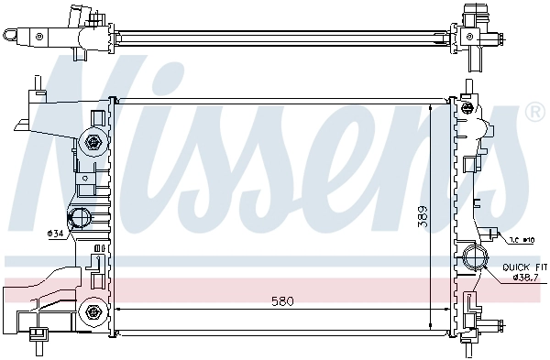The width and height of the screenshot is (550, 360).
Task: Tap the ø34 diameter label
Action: [56, 233]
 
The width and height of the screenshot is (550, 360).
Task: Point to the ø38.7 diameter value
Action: [526, 278]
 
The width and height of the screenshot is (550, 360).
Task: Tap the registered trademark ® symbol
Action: [534, 113]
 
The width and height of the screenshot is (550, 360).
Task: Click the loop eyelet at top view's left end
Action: [11, 36]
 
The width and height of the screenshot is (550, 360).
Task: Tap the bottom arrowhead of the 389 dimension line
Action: [432, 325]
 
